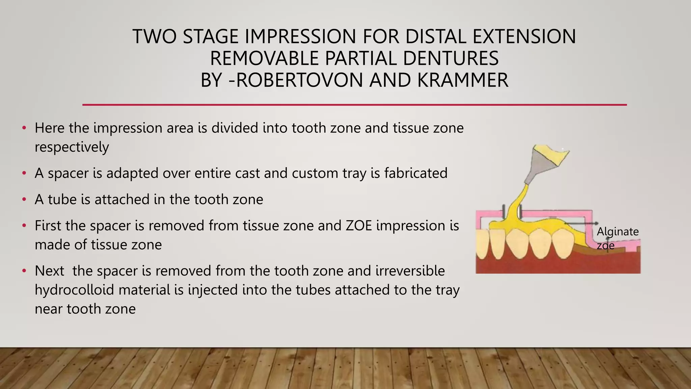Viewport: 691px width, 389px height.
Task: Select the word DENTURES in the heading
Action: pyautogui.click(x=451, y=58)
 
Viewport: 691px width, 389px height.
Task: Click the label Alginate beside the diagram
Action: pyautogui.click(x=617, y=232)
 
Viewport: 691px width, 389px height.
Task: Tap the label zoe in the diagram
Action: pyautogui.click(x=605, y=245)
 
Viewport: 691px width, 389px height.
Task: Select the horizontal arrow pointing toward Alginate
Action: pyautogui.click(x=580, y=224)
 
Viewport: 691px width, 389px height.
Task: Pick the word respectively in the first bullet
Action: pyautogui.click(x=72, y=147)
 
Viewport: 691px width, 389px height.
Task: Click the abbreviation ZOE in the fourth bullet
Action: pyautogui.click(x=359, y=226)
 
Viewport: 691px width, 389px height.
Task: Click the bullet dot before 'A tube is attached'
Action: pyautogui.click(x=24, y=200)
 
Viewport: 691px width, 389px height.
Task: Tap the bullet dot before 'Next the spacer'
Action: pyautogui.click(x=24, y=271)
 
